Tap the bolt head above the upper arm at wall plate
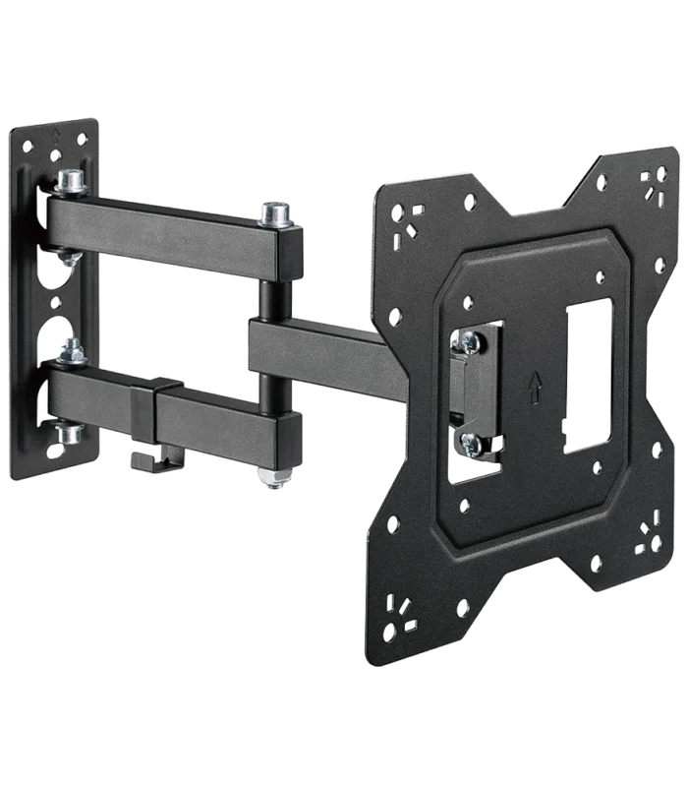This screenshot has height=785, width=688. (x=71, y=181)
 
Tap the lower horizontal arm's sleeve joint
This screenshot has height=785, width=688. (x=147, y=408)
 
